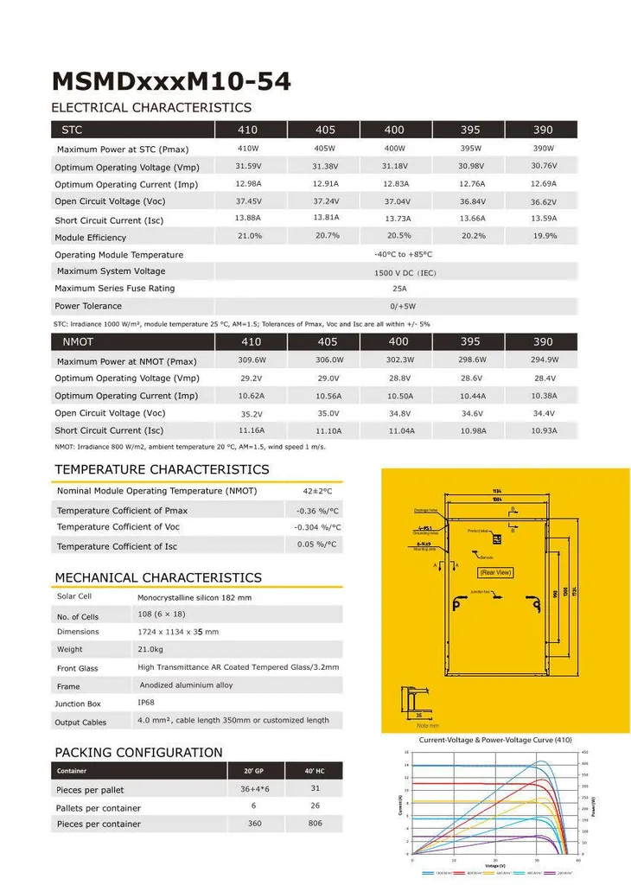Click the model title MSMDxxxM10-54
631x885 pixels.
(171, 81)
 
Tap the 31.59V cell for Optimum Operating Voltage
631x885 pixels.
(248, 166)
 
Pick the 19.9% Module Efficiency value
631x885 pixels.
(545, 236)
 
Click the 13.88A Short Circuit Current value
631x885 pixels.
(248, 218)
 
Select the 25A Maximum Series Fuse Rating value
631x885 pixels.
(399, 289)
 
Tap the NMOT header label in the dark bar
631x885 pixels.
(78, 342)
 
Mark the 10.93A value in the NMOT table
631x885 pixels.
(545, 430)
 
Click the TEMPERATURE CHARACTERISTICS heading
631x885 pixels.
(162, 469)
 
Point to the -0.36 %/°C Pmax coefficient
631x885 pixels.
(317, 511)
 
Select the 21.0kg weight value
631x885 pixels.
(151, 649)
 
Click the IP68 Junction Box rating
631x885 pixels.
(146, 703)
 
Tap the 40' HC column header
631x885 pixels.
(315, 771)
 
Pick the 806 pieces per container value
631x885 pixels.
(315, 824)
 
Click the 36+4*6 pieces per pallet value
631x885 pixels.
(254, 790)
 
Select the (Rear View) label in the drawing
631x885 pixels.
(495, 572)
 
